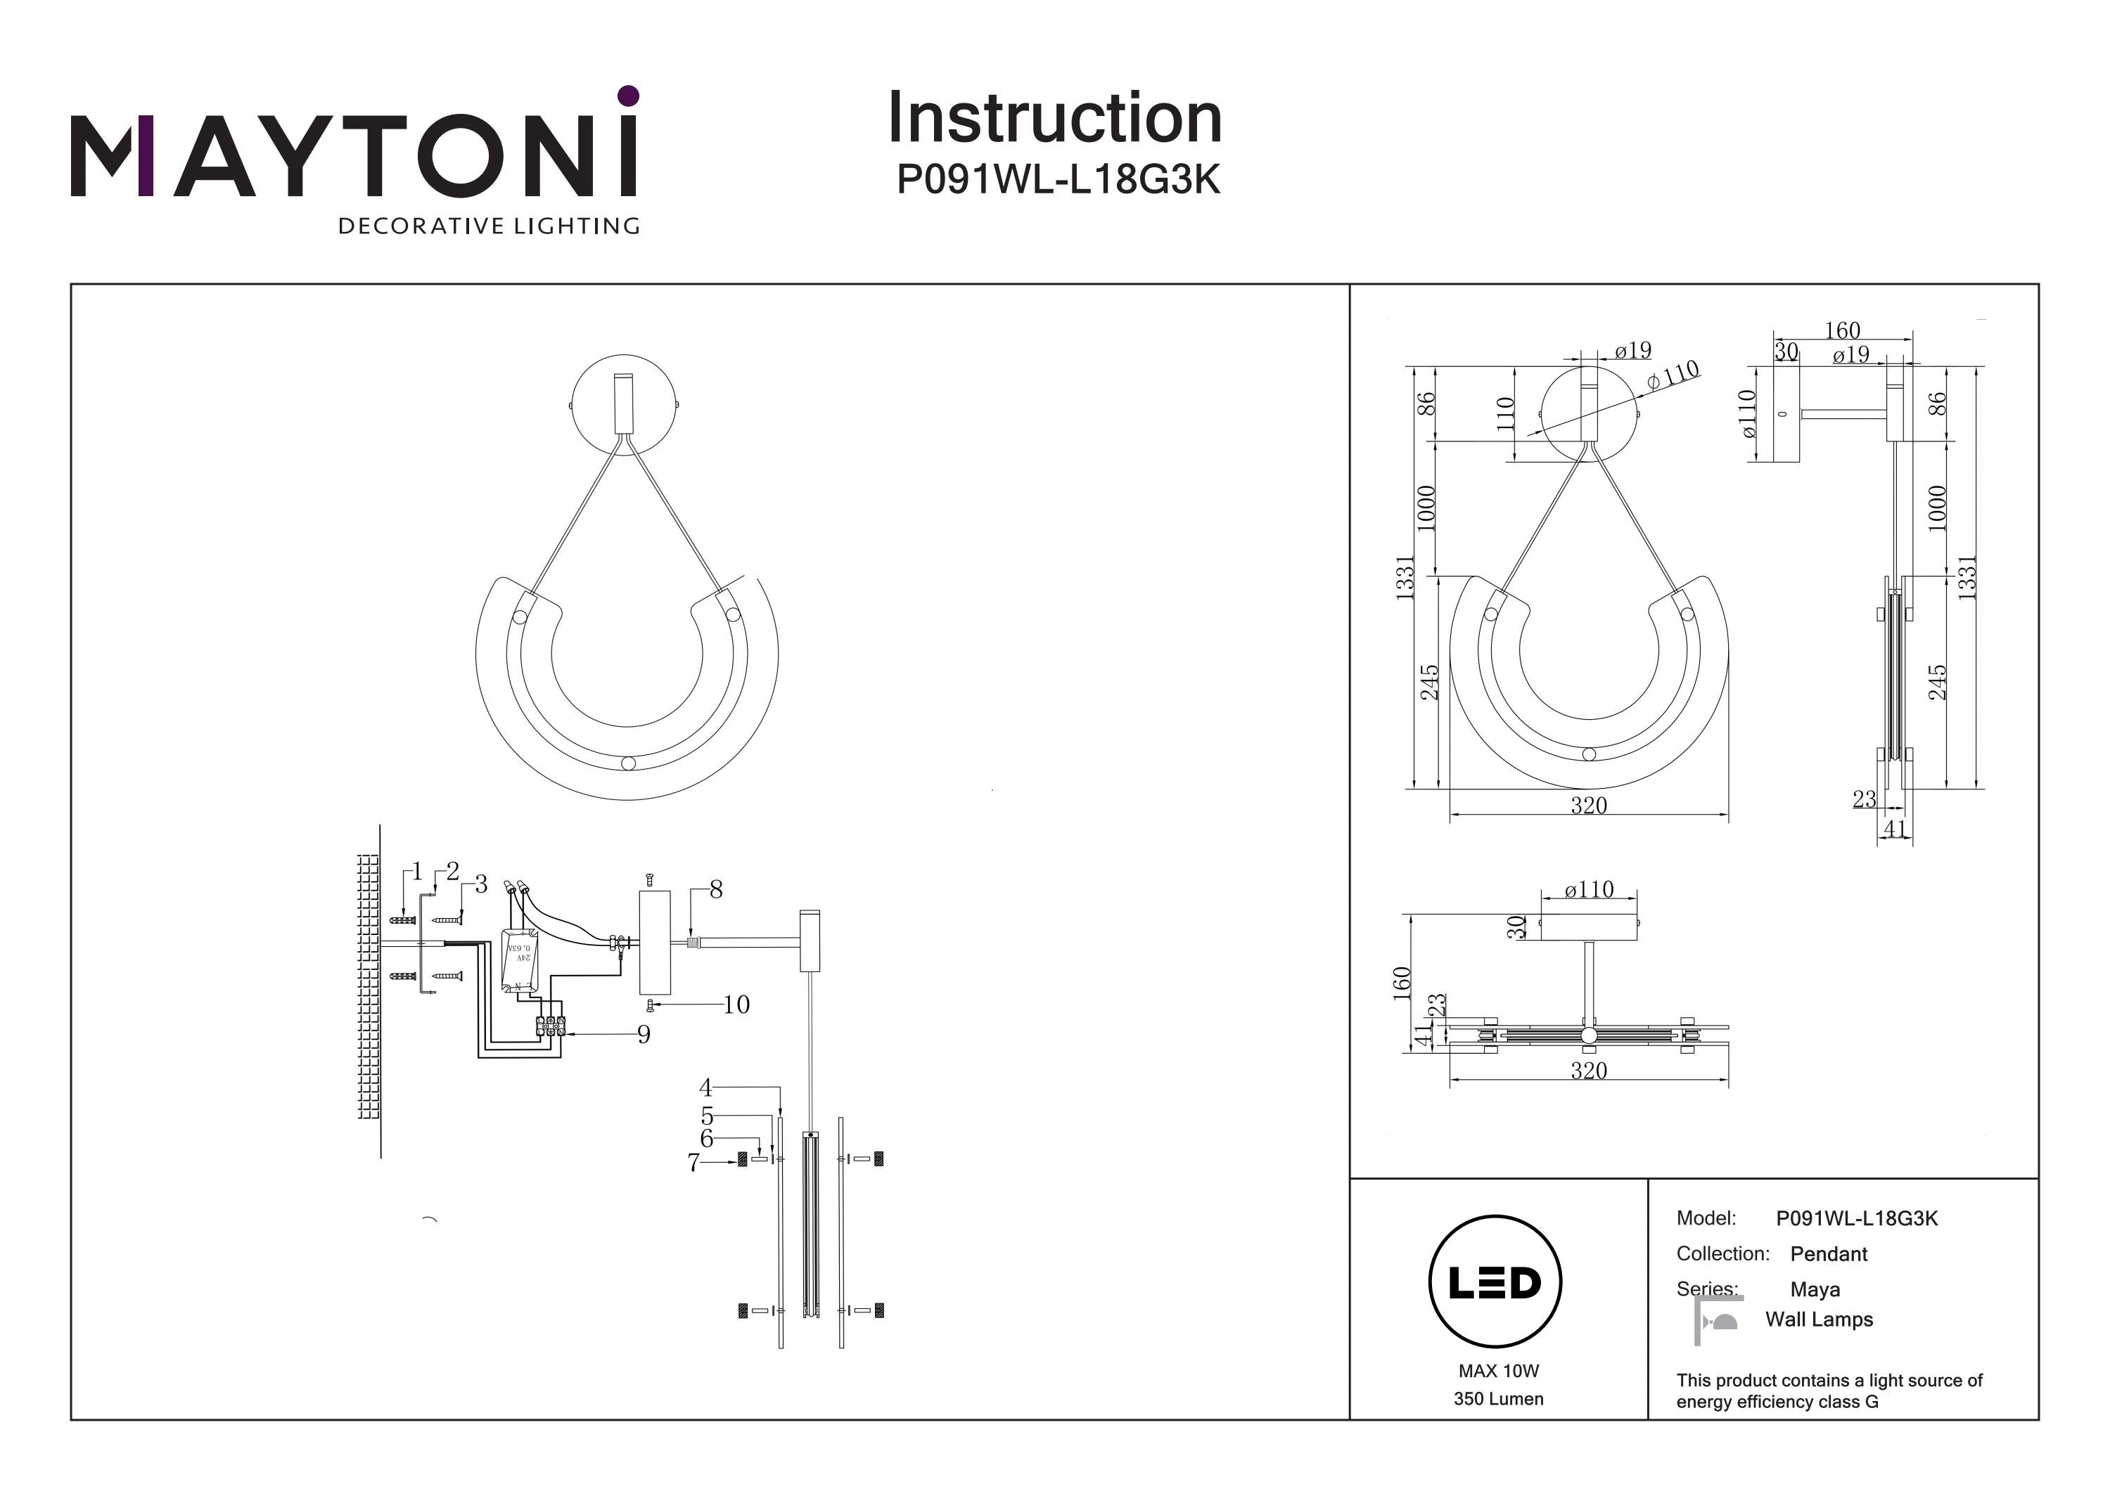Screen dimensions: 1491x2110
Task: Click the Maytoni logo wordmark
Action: [x=354, y=156]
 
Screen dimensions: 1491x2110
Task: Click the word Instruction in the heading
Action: [x=1054, y=119]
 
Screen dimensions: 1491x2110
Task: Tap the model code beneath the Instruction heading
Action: [x=1058, y=180]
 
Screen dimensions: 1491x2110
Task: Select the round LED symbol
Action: [x=1495, y=1282]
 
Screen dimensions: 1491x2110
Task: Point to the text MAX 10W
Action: [x=1498, y=1371]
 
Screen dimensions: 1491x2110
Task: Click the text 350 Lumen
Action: [x=1498, y=1399]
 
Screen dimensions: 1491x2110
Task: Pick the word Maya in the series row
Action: [x=1815, y=1290]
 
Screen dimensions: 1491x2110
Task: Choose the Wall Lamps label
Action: [x=1819, y=1319]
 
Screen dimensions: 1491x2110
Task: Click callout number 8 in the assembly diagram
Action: [x=716, y=889]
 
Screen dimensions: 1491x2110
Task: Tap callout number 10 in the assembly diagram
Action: [x=736, y=1005]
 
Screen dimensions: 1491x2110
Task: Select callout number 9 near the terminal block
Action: [x=644, y=1035]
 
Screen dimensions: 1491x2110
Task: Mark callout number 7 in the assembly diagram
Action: [x=693, y=1163]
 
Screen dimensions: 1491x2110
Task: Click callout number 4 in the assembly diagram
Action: [x=705, y=1089]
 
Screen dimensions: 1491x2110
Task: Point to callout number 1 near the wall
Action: [x=417, y=871]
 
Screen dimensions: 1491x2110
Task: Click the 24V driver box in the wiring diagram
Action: [x=519, y=961]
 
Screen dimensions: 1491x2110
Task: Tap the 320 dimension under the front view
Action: [x=1589, y=806]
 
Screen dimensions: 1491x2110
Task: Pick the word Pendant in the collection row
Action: [x=1829, y=1254]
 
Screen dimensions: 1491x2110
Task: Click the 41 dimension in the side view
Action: [x=1895, y=829]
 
